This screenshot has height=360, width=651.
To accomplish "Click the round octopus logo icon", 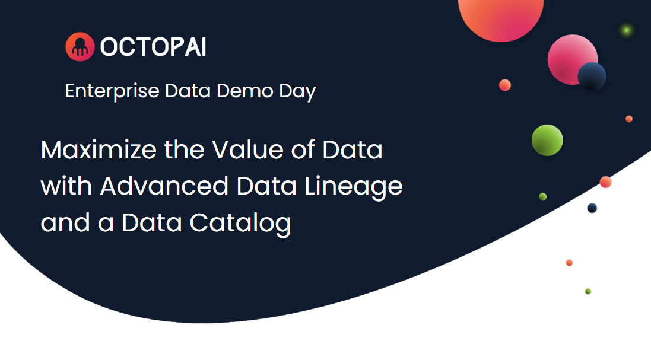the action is (x=80, y=46).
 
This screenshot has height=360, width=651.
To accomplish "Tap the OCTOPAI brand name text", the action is (x=153, y=47).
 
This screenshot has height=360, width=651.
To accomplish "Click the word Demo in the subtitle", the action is (x=245, y=91).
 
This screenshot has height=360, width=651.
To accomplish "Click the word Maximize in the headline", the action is (x=99, y=149).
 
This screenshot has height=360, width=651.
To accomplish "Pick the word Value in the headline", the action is (x=248, y=149).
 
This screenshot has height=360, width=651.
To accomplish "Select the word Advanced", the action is (x=164, y=186).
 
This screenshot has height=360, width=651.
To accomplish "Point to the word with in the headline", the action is (x=66, y=186).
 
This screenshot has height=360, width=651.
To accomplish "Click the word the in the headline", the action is (x=185, y=149).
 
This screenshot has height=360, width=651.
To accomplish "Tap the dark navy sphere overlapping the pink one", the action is (x=592, y=77).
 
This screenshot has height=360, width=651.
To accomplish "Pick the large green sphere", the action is (x=547, y=140).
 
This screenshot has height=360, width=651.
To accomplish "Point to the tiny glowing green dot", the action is (x=627, y=30).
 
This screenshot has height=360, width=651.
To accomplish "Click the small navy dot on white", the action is (x=592, y=208).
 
